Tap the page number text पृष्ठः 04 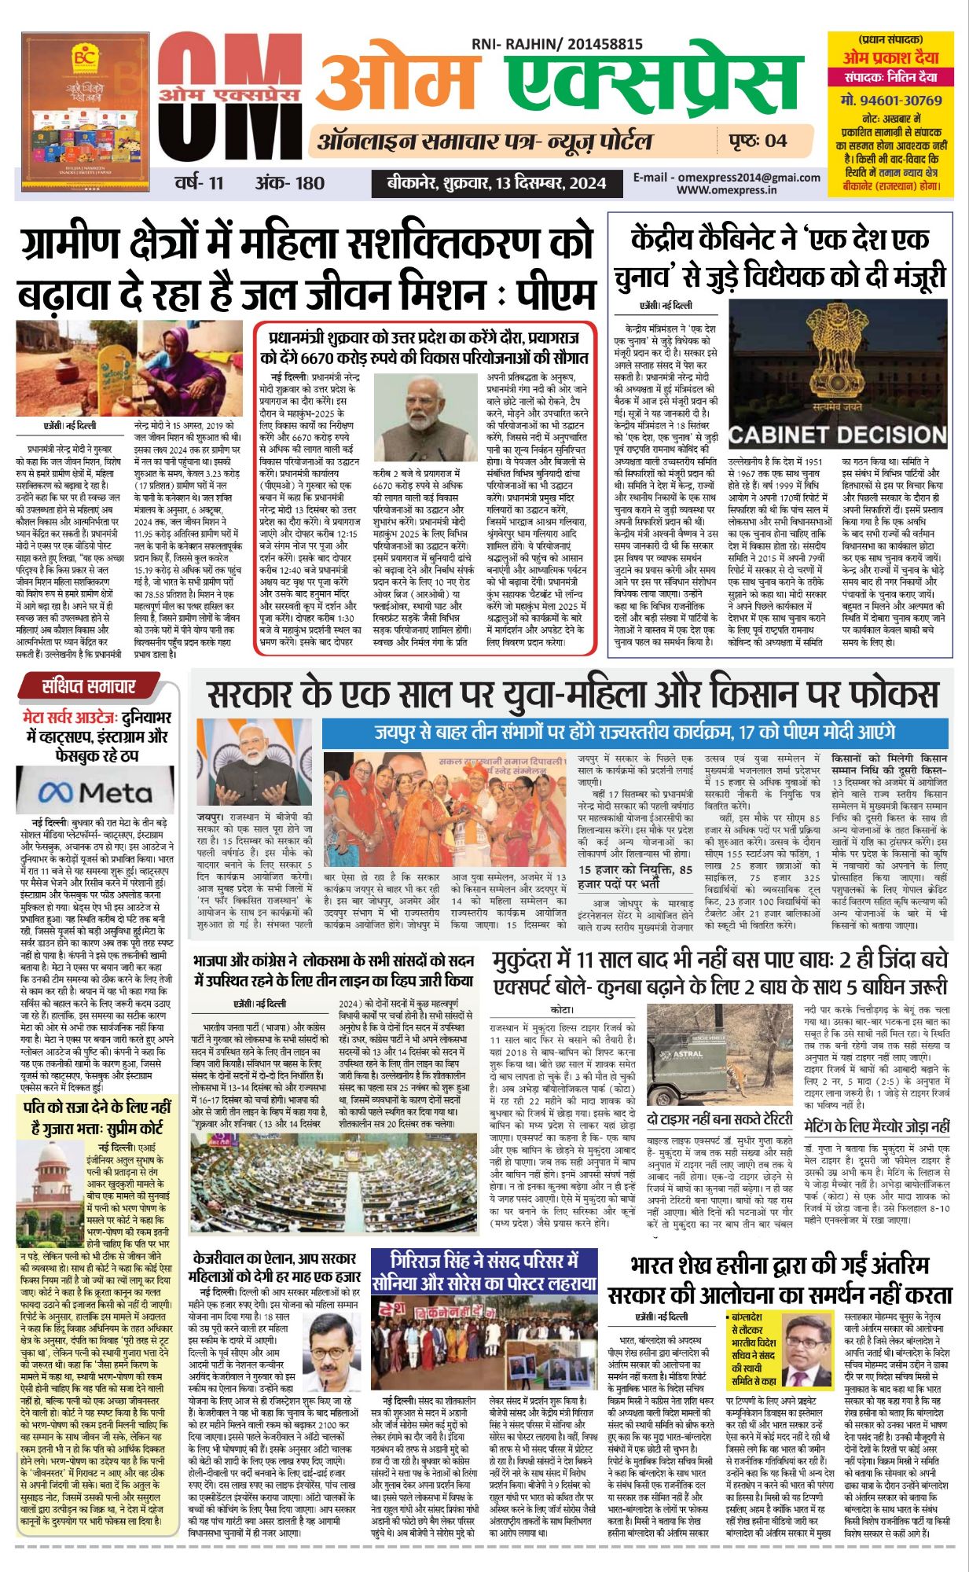[x=758, y=141]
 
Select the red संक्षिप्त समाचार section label [x=88, y=686]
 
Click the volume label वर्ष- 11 [x=200, y=183]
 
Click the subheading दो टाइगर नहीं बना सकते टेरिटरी [x=719, y=1119]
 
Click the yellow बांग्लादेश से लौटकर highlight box [x=752, y=1347]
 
